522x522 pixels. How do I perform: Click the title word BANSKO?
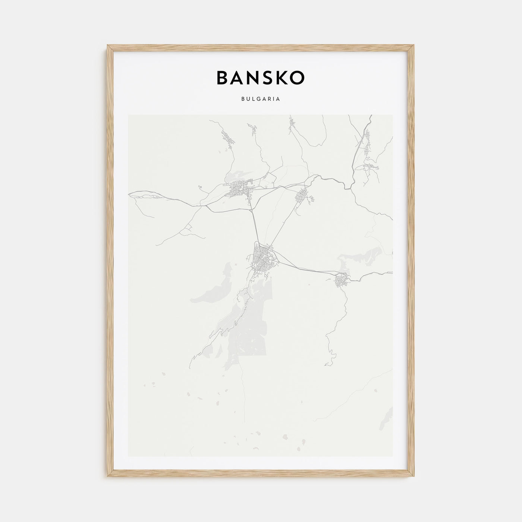(260, 77)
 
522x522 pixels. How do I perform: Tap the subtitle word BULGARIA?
(261, 100)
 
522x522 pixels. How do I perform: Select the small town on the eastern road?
(342, 280)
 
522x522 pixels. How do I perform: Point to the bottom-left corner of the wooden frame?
(108, 478)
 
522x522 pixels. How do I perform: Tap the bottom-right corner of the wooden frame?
(414, 478)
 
